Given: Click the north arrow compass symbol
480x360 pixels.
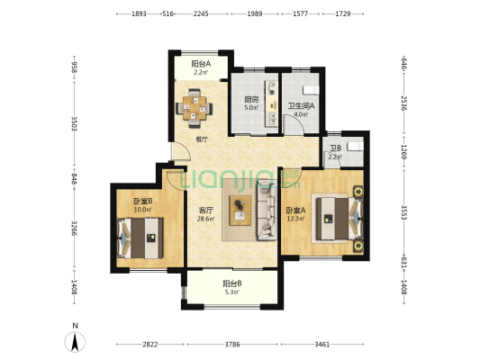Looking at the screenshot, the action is pos(75,342).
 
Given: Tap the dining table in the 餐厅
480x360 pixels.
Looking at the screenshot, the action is pos(195,108).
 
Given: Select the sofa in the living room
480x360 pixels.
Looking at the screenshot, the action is pos(267,210).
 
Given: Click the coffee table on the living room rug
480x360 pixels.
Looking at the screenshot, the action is pos(240,211).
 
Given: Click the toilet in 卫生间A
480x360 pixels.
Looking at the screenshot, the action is pos(311,90).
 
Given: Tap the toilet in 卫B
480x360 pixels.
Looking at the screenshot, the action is pos(356,146).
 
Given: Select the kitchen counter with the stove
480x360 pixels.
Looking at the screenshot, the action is pos(272,103).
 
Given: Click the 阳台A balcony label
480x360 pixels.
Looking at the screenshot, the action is pos(201,64).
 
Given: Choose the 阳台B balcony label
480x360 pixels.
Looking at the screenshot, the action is pos(232,283).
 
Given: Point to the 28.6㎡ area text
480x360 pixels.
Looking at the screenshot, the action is pos(206,219).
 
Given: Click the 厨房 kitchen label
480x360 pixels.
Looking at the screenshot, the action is pos(251,99).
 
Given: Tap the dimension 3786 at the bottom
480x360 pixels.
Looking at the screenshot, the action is pos(232,345).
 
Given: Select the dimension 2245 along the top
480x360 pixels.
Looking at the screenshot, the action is pos(201,13).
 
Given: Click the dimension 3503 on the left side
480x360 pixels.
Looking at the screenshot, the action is pos(74,123).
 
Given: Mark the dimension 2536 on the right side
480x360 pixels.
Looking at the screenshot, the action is pos(404,103).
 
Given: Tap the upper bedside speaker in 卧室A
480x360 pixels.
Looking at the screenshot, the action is pos(358,192).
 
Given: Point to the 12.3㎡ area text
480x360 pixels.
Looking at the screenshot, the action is pos(295,219).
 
